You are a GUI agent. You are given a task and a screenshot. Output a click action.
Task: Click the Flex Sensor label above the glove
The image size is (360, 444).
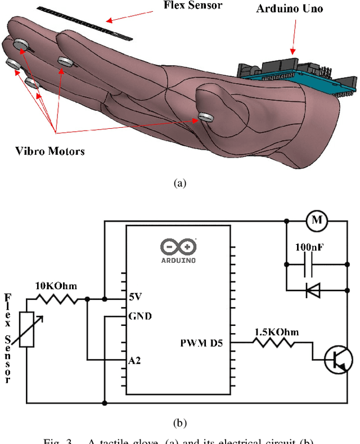point(192,6)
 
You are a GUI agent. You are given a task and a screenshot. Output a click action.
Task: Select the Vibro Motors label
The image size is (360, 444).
point(49,151)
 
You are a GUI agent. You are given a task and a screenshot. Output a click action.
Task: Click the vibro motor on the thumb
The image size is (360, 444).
point(206,116)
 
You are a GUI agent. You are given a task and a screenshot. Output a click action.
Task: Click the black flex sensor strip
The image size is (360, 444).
point(84,23)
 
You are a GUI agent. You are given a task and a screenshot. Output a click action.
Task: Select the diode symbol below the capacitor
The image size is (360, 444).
point(313,290)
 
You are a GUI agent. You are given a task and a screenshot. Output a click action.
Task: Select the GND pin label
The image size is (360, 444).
point(139,316)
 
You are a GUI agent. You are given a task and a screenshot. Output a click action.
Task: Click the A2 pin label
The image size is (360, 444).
point(134,360)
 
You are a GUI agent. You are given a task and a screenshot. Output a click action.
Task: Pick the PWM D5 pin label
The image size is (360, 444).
point(201,342)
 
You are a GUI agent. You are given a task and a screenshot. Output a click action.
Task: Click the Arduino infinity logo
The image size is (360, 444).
point(178,246)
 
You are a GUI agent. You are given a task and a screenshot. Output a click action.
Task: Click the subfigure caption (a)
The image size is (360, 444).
point(179,183)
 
